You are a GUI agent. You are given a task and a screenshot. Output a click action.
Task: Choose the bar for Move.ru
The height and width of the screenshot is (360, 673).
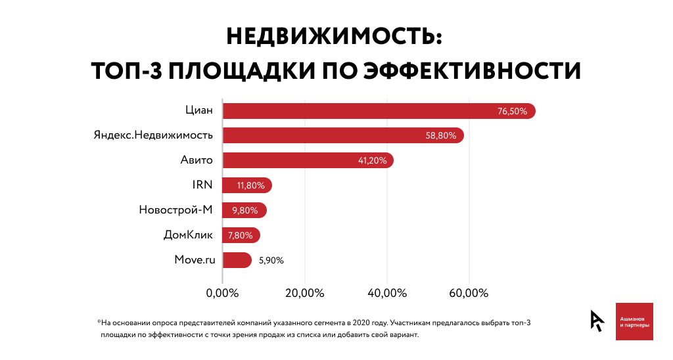(237, 260)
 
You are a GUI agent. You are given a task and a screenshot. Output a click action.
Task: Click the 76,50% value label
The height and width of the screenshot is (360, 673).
(512, 111)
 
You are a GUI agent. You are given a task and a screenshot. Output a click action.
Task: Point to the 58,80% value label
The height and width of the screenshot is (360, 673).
(441, 136)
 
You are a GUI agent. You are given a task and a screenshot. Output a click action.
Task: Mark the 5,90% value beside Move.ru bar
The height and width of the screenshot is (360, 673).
(271, 260)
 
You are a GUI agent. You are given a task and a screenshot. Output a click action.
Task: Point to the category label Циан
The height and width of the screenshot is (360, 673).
(199, 110)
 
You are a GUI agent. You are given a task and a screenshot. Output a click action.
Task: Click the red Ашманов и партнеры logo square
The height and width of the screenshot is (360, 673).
(634, 321)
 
